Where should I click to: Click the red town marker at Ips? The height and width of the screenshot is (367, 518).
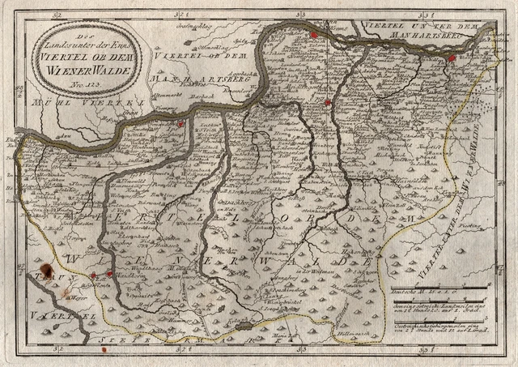point(181,123)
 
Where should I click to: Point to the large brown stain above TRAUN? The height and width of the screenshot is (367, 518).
point(48,268)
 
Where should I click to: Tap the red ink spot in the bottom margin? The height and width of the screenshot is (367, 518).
point(104,351)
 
